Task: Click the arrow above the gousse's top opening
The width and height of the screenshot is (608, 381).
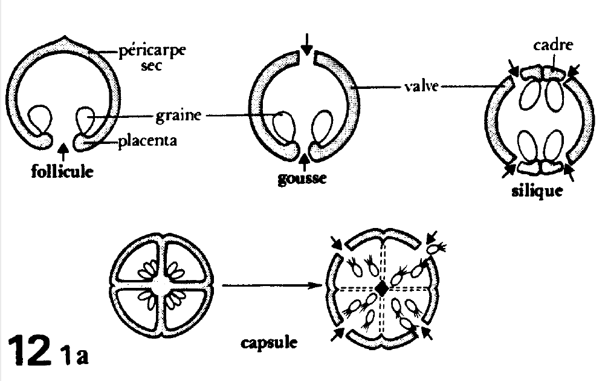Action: pos(308,43)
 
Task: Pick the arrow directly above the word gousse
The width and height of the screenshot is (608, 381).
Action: pos(305,162)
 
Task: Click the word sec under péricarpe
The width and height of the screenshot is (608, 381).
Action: pos(154,67)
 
